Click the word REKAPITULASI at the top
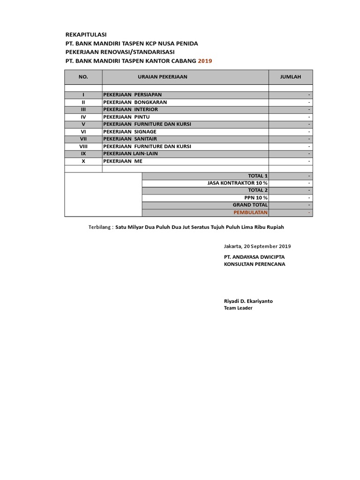(86, 35)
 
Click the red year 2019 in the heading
(205, 61)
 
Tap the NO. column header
(83, 77)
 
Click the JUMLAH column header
(290, 77)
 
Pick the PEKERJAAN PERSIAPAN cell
(132, 95)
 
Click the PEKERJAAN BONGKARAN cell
(135, 102)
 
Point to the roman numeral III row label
(83, 109)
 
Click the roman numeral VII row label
(83, 139)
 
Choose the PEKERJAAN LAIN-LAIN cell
(131, 154)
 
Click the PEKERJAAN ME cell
(122, 161)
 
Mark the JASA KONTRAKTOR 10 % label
(237, 183)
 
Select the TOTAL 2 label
(258, 190)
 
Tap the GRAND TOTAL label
(250, 205)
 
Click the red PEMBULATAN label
(251, 212)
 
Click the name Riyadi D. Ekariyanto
(248, 301)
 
